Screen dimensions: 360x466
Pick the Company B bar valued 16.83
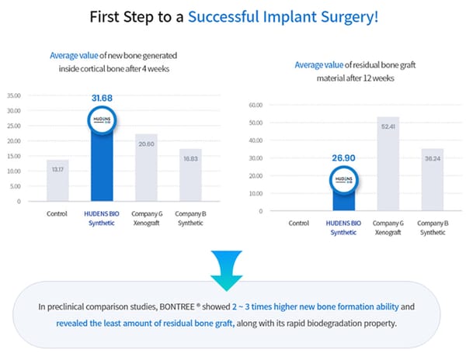tap(190, 176)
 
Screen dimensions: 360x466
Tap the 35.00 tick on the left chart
tap(13, 96)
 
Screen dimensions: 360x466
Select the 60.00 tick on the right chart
tap(256, 105)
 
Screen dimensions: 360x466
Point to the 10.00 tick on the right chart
tap(256, 193)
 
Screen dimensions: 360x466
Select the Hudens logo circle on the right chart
tap(343, 178)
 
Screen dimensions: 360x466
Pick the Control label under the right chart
tap(299, 223)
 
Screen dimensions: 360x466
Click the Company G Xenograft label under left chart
tap(146, 218)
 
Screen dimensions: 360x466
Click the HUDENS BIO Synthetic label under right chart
tap(343, 227)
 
